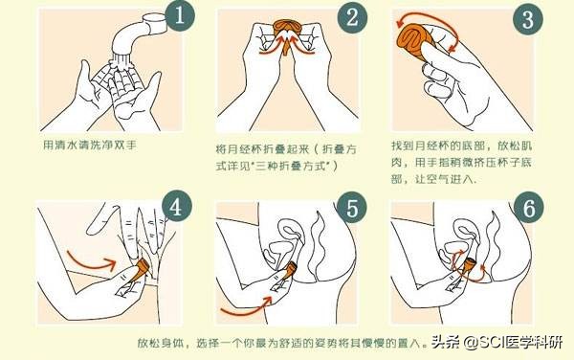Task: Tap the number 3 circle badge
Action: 524,20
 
